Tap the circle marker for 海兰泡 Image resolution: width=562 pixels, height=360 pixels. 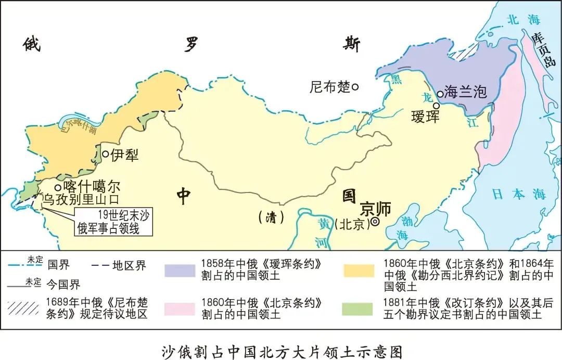[x=440, y=94]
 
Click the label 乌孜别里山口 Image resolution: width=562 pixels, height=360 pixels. [x=81, y=199]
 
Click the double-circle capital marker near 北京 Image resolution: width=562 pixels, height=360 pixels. [x=375, y=222]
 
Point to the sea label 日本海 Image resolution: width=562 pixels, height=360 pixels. [x=519, y=195]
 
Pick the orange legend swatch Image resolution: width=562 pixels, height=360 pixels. [x=358, y=271]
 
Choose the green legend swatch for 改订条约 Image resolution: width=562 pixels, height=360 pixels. [x=358, y=309]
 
